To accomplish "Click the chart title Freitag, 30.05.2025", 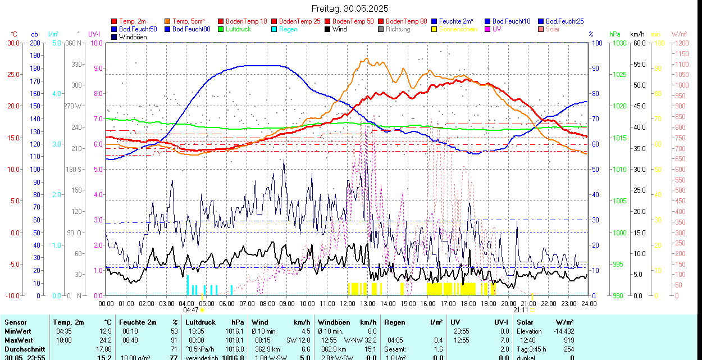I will point(350,8).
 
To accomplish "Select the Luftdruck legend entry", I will point(239,29).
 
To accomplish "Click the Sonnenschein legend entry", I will point(458,29).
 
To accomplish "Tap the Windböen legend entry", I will point(132,37).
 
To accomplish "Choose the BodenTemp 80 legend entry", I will point(406,21).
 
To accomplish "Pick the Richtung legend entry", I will point(398,29).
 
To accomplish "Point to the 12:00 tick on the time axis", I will point(347,303).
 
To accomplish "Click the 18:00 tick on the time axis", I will point(468,303).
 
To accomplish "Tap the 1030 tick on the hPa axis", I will point(619,43).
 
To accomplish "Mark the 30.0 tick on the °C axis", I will point(13,43).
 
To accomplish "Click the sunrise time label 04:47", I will point(191,310).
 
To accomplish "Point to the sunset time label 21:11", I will point(521,310).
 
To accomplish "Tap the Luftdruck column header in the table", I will point(200,322).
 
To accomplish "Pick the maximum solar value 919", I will point(568,340).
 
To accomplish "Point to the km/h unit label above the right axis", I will point(637,34).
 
